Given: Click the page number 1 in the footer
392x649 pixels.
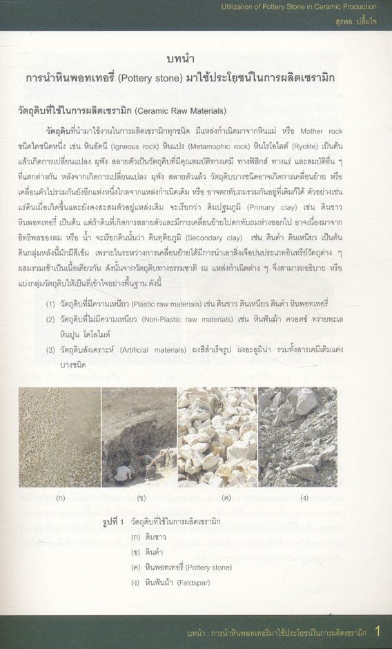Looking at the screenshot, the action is [378, 630].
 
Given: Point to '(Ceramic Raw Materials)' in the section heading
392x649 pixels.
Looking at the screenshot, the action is [183, 110].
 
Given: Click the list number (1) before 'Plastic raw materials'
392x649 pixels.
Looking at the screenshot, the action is [52, 304].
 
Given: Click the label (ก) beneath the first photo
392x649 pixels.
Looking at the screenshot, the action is [61, 496].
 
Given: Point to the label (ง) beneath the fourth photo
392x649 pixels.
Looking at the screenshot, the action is [304, 496].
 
